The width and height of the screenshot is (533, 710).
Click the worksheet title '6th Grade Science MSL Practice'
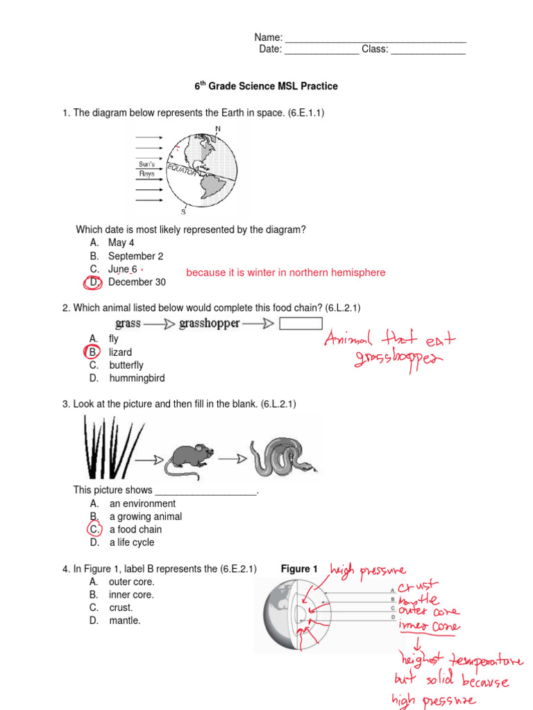click(266, 87)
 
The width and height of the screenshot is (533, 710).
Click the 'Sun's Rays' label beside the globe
click(147, 169)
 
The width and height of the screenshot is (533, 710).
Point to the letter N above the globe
click(218, 129)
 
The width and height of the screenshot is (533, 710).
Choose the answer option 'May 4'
click(121, 243)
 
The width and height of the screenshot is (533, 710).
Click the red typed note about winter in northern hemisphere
click(285, 273)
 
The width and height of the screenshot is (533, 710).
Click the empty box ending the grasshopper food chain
click(301, 324)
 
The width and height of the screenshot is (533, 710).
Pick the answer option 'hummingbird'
click(137, 379)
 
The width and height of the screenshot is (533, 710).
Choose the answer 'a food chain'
click(135, 530)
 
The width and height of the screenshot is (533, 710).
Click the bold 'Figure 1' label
click(299, 569)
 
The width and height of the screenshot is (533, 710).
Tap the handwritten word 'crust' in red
click(418, 587)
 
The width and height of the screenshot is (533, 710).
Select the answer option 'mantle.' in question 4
click(124, 621)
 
